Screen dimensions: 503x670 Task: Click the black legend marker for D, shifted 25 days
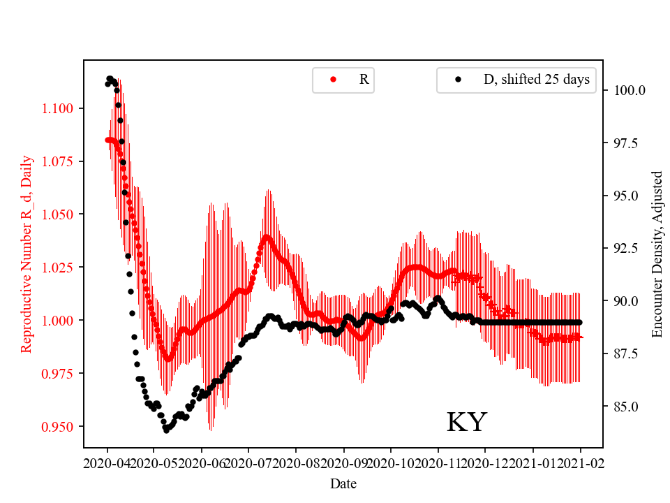click(458, 80)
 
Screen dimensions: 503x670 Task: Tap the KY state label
click(466, 423)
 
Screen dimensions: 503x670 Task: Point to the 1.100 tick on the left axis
click(64, 108)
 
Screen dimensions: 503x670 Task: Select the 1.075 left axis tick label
click(64, 161)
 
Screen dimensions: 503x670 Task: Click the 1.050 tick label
click(64, 214)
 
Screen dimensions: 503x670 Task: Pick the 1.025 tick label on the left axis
click(64, 268)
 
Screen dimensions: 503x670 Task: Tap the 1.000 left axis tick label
click(64, 321)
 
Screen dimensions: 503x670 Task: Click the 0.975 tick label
click(64, 374)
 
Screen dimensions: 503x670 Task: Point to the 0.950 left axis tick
click(64, 426)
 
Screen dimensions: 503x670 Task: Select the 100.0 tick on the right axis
click(629, 91)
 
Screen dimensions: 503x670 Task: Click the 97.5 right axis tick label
click(626, 143)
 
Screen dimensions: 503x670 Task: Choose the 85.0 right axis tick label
click(626, 407)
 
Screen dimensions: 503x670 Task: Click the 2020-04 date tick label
click(107, 462)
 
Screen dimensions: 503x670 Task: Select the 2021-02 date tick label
click(581, 462)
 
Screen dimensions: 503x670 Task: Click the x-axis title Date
click(343, 483)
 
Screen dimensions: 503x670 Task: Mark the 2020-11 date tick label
click(438, 462)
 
